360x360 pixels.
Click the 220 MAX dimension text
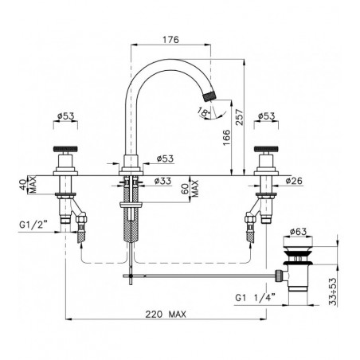(x=166, y=315)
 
